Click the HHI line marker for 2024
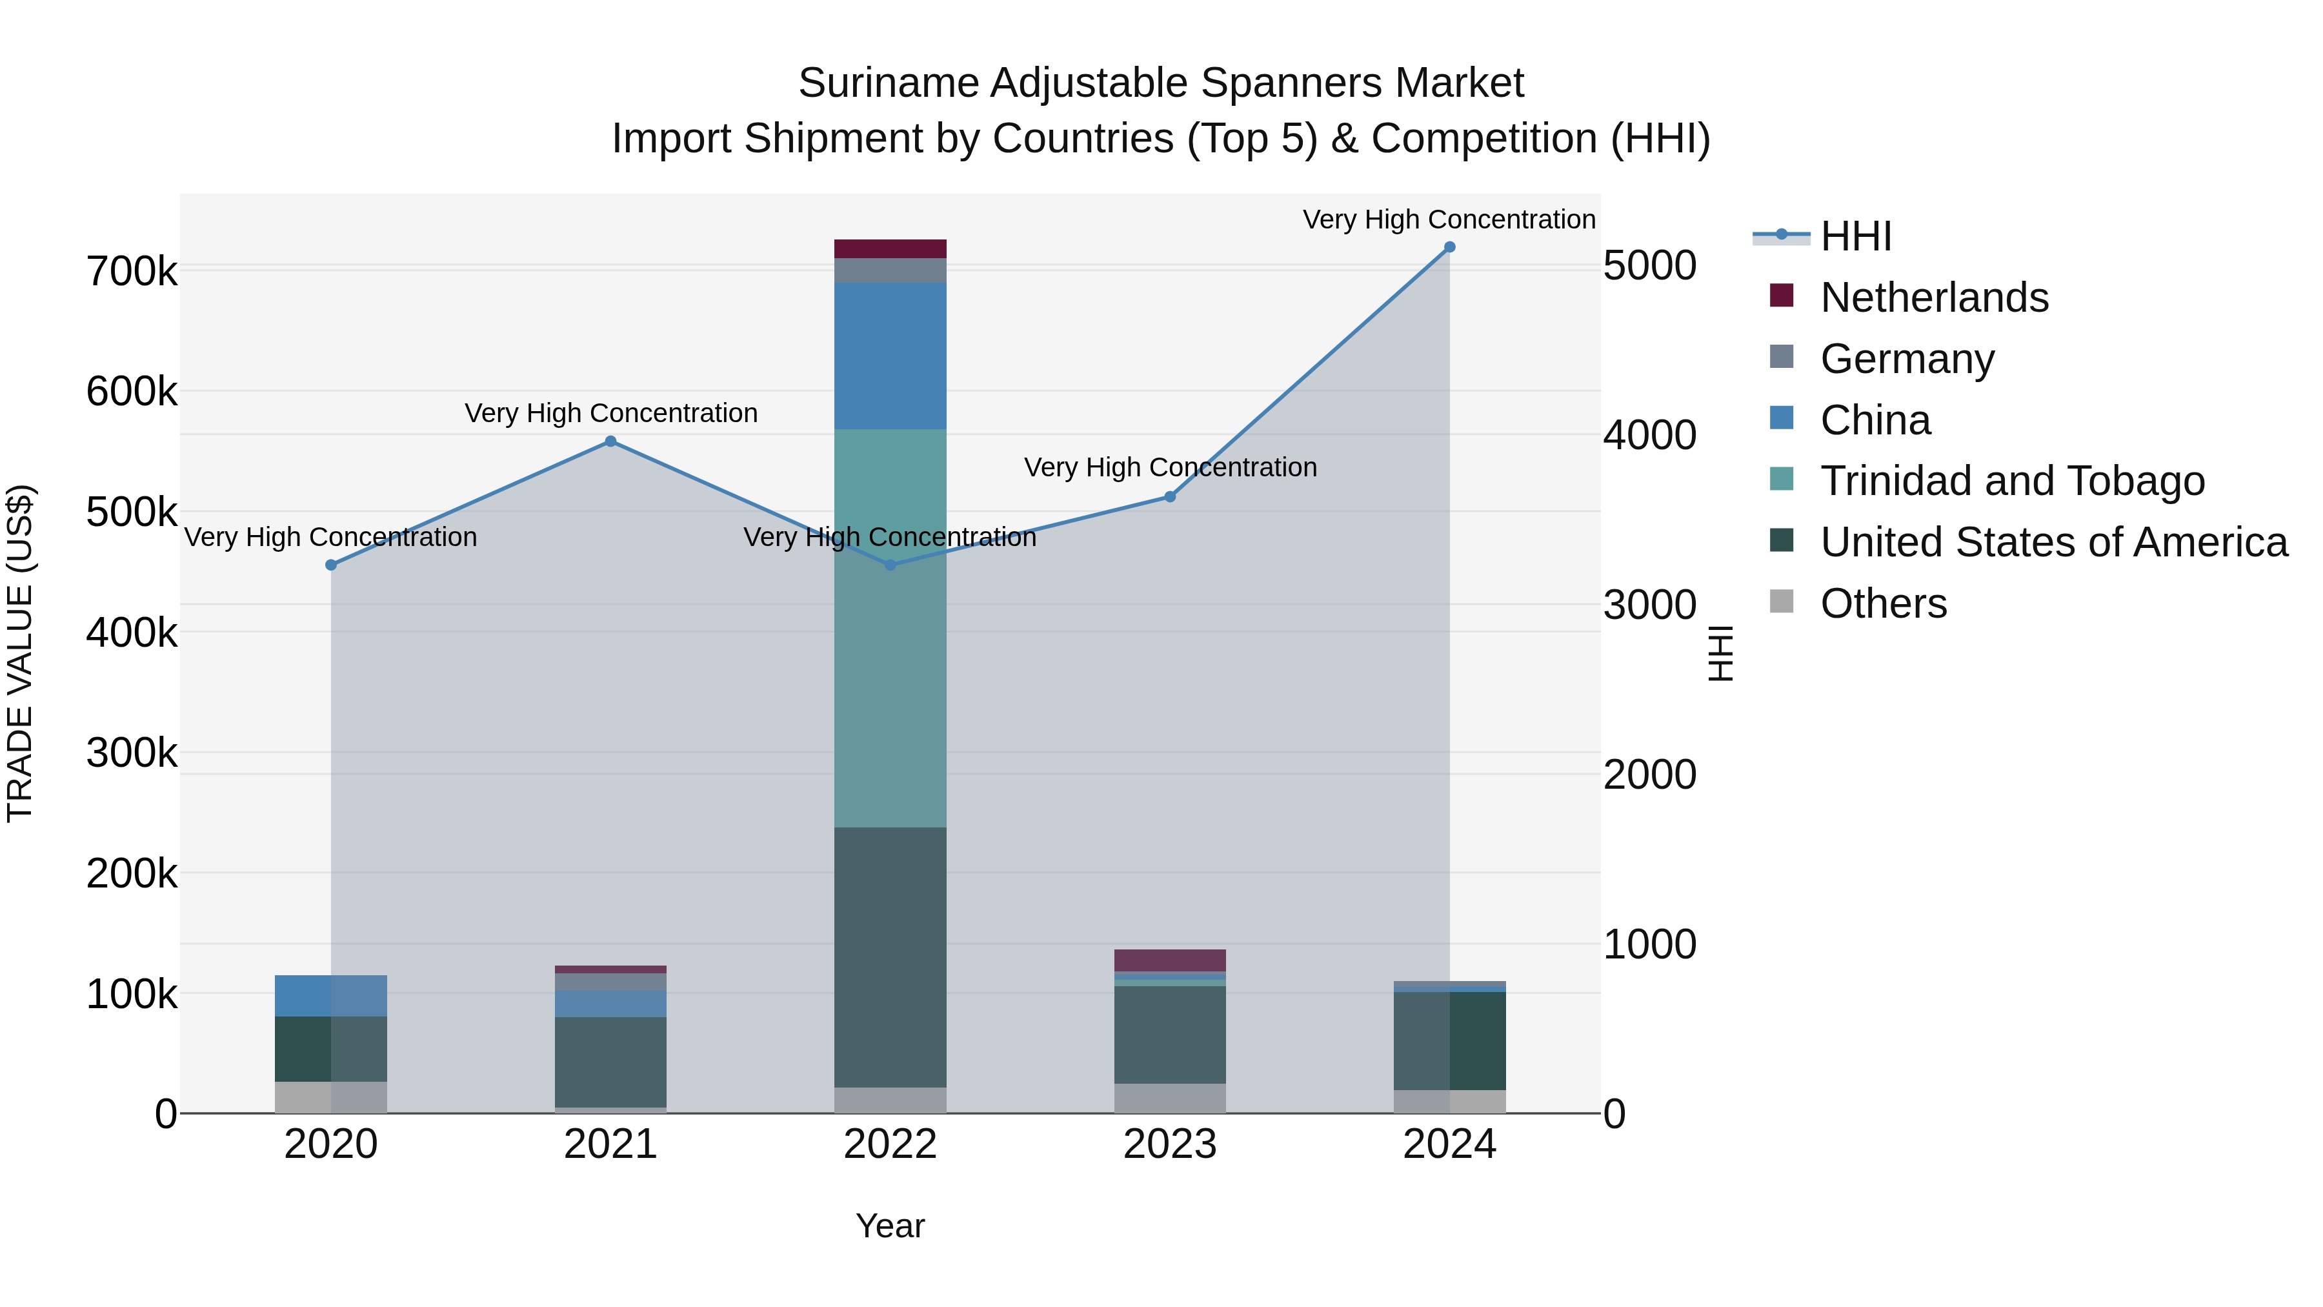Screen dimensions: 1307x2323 coord(1449,247)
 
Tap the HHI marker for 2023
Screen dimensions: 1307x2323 coord(1170,497)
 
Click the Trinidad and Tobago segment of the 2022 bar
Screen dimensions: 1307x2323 coord(890,629)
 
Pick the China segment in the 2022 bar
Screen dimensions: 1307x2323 coord(890,356)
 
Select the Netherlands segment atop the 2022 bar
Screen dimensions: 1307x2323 coord(890,249)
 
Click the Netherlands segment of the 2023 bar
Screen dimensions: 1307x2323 coord(1170,960)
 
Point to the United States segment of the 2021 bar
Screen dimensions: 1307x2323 coord(610,1062)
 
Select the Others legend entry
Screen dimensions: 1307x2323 coord(1883,603)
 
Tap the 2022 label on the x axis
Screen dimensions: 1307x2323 coord(890,1144)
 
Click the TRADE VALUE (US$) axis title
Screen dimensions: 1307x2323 coord(20,653)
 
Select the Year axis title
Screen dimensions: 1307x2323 coord(890,1226)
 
